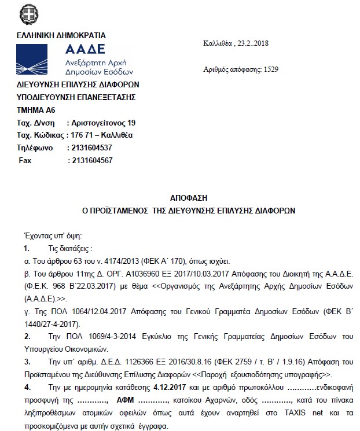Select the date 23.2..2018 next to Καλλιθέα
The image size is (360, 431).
(256, 43)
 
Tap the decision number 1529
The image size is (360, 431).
(270, 69)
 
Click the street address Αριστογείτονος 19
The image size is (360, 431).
(102, 123)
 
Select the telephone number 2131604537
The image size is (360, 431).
(90, 148)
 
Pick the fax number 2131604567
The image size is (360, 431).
(90, 160)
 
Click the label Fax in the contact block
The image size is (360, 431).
(25, 160)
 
